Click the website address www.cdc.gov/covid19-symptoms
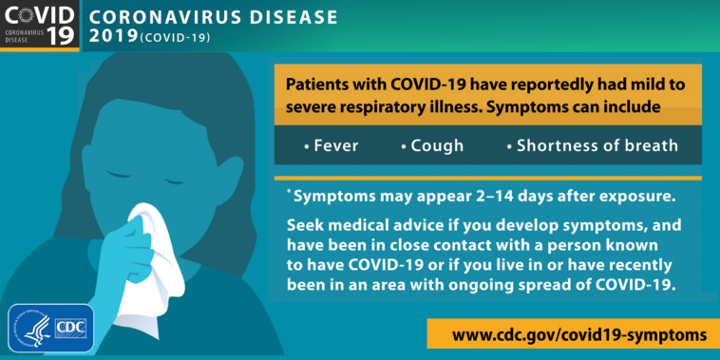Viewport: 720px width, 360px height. coord(579,335)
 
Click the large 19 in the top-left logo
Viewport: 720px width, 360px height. coord(32,36)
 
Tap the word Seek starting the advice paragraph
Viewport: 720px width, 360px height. coord(306,226)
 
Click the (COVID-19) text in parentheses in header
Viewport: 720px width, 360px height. coord(176,38)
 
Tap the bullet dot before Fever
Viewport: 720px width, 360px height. coord(306,147)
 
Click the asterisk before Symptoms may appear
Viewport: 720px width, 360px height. coord(288,193)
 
